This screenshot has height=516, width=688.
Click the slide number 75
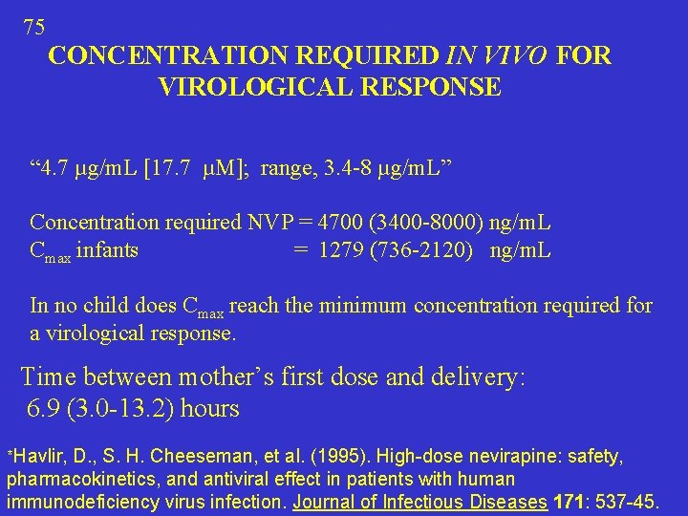(33, 27)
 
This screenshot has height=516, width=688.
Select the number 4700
(342, 223)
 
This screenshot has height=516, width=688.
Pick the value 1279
(341, 251)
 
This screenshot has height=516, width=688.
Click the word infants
(107, 251)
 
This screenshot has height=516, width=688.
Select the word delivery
(473, 376)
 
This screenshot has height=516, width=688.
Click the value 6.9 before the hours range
(45, 409)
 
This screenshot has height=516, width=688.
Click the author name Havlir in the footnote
(40, 457)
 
